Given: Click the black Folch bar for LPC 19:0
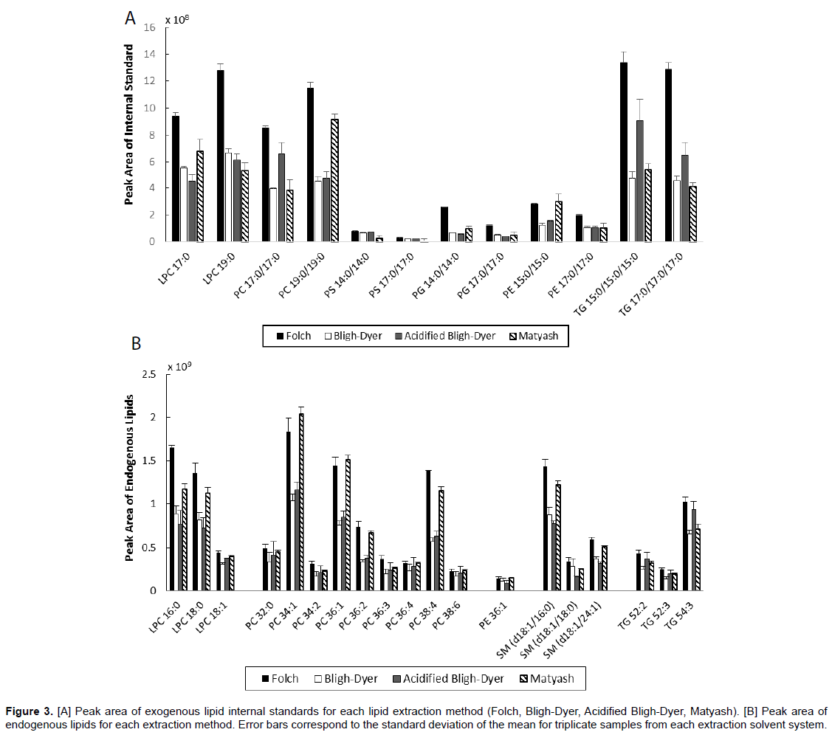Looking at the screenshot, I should pos(221,156).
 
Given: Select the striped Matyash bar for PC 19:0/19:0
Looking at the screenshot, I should pos(334,180).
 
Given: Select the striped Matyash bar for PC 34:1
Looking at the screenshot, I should pos(301,502).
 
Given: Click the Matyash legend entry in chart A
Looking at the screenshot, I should pos(535,336).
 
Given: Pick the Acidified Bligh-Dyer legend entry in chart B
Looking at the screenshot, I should pos(454,678).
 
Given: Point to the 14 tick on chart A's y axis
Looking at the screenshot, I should pos(151,54).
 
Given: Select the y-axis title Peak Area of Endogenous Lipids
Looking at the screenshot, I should pos(130,477).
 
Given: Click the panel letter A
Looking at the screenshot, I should pos(130,18).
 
